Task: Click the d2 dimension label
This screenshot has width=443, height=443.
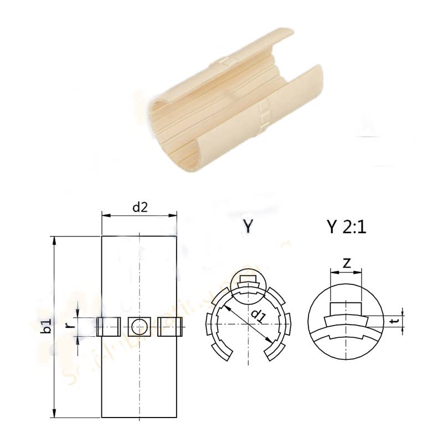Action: pyautogui.click(x=139, y=208)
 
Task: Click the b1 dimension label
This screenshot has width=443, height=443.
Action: pyautogui.click(x=48, y=326)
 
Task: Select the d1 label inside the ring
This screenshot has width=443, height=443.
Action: pyautogui.click(x=257, y=316)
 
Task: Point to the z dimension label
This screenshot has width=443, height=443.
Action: pyautogui.click(x=346, y=264)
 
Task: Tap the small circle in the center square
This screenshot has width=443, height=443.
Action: pyautogui.click(x=139, y=326)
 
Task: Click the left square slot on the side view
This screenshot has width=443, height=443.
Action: pyautogui.click(x=108, y=326)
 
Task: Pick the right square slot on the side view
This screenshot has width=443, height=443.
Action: pyautogui.click(x=171, y=326)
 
